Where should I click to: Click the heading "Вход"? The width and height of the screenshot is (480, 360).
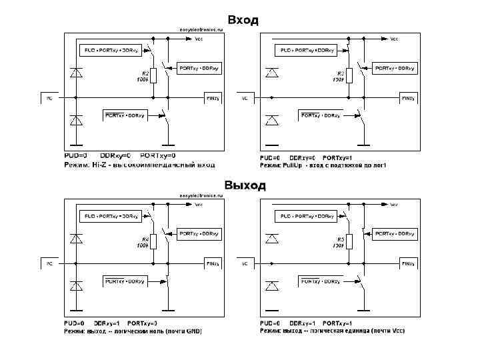[x=243, y=20]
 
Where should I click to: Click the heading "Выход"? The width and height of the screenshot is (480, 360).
[x=245, y=185]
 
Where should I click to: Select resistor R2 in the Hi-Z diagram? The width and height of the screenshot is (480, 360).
[x=153, y=75]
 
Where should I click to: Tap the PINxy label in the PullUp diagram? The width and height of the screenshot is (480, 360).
[x=407, y=98]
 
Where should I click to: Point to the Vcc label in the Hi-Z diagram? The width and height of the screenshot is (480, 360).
[x=199, y=39]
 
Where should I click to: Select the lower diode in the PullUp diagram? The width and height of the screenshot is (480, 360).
[x=272, y=120]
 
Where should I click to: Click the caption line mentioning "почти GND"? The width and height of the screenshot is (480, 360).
[x=133, y=331]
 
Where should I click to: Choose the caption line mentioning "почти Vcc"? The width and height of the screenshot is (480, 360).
[x=332, y=331]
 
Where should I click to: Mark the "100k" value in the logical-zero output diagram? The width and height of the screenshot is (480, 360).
[x=142, y=245]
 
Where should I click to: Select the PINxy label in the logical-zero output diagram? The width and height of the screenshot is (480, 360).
[x=212, y=264]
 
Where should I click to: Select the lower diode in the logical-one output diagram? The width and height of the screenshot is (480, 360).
[x=272, y=286]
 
